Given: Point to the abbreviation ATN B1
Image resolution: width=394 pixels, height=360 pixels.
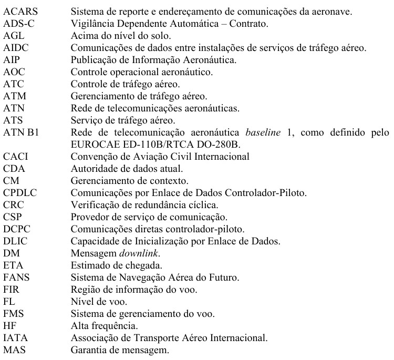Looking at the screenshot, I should tap(18, 132).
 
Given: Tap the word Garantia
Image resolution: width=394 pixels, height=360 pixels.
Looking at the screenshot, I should tap(88, 349).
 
